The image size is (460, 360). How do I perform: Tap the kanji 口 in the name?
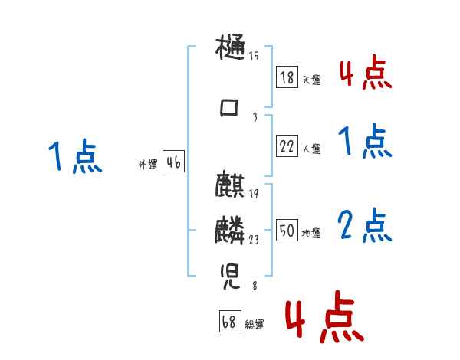(x=230, y=110)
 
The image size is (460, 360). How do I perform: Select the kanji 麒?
(x=230, y=187)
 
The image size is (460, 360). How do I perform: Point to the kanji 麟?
(x=230, y=230)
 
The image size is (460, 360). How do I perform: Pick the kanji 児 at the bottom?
(x=231, y=274)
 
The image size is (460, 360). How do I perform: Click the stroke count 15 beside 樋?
(x=254, y=55)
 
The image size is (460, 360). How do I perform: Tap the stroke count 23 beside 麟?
(x=254, y=240)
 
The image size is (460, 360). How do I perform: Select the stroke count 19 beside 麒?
(x=254, y=193)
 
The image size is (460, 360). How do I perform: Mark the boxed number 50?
(x=287, y=230)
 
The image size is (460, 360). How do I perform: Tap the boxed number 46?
(x=173, y=162)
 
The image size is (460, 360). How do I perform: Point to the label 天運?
(x=311, y=80)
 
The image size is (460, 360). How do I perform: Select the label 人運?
(x=311, y=149)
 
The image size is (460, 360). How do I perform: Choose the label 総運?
(x=255, y=325)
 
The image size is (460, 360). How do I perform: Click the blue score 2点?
(x=366, y=226)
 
